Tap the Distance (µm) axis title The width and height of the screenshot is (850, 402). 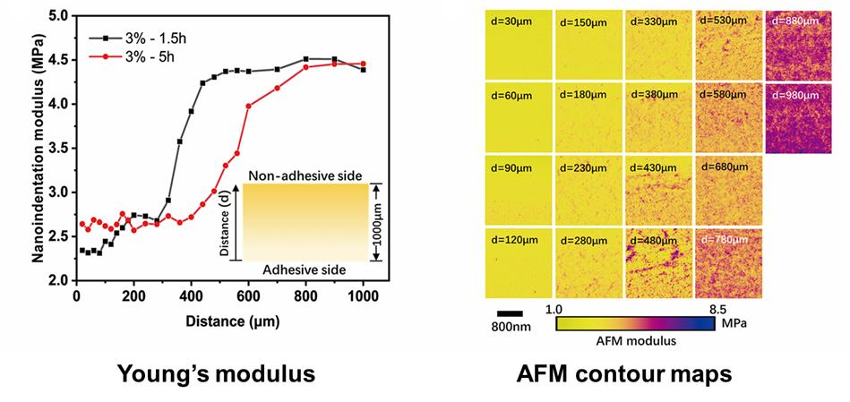[220, 321]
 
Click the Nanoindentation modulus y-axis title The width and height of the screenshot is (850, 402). [39, 149]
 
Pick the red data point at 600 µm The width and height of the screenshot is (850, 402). [248, 106]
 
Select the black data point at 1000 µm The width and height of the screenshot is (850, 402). [363, 70]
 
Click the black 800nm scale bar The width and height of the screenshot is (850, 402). [509, 312]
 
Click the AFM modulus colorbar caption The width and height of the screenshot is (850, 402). [635, 339]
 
